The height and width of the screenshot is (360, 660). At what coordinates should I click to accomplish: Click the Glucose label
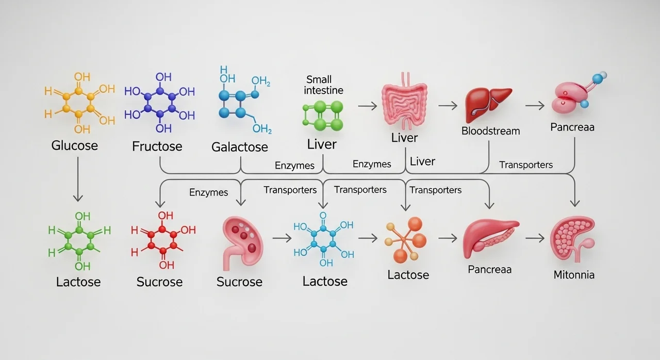[74, 145]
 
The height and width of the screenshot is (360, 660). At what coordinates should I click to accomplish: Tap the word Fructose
[157, 146]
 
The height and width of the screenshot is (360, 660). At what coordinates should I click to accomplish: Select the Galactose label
[240, 147]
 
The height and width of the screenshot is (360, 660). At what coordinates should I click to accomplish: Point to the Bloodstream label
[490, 130]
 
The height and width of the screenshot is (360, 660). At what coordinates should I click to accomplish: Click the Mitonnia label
[574, 274]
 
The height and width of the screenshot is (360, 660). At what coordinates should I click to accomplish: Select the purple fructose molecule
[160, 103]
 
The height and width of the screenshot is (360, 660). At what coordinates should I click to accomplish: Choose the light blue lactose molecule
[323, 239]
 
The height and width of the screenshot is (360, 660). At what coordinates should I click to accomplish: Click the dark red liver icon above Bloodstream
[488, 103]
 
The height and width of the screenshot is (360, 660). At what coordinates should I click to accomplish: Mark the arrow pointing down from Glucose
[77, 178]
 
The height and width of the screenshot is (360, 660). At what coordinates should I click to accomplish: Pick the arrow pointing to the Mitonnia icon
[535, 238]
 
